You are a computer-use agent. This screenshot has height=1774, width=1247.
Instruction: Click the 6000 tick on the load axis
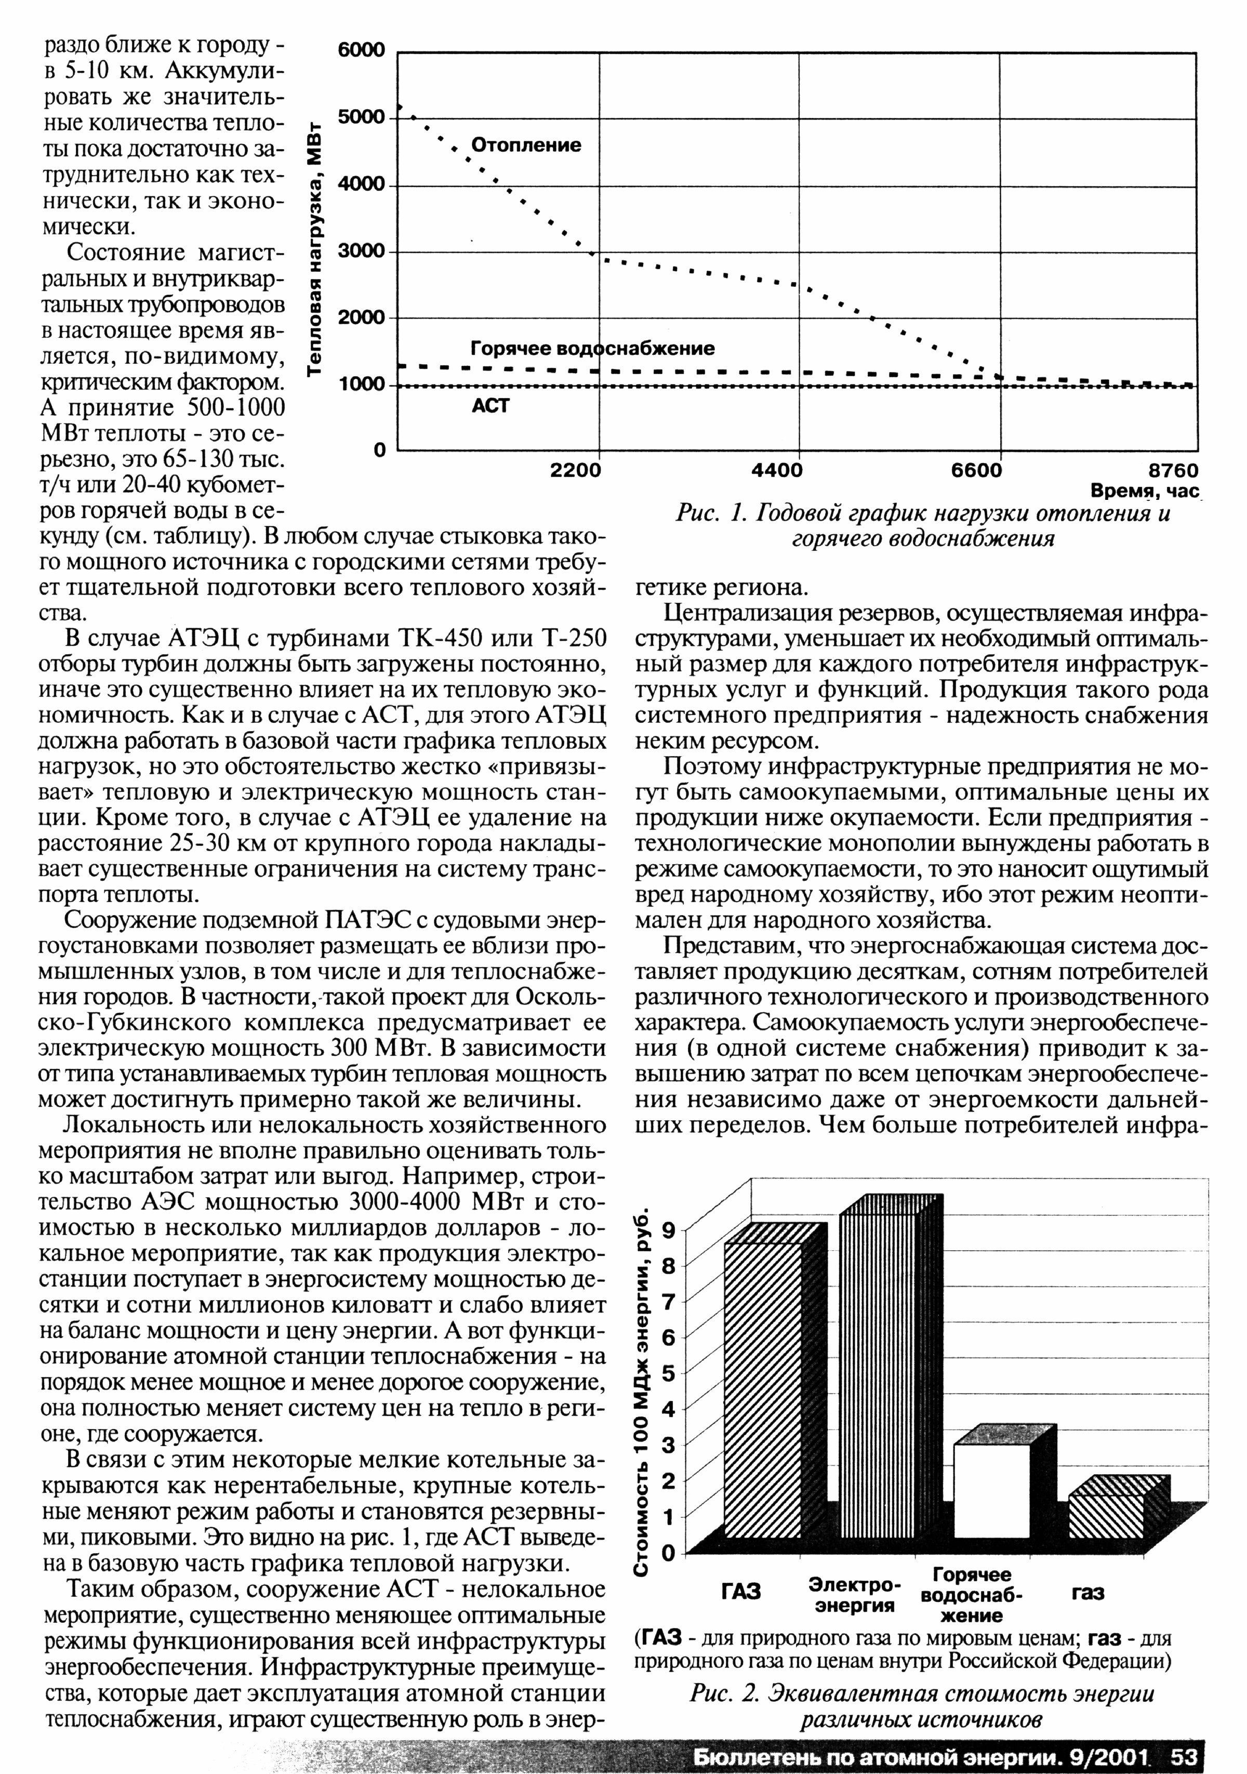pyautogui.click(x=362, y=51)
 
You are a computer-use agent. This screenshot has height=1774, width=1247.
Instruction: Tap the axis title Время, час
pyautogui.click(x=1144, y=491)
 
